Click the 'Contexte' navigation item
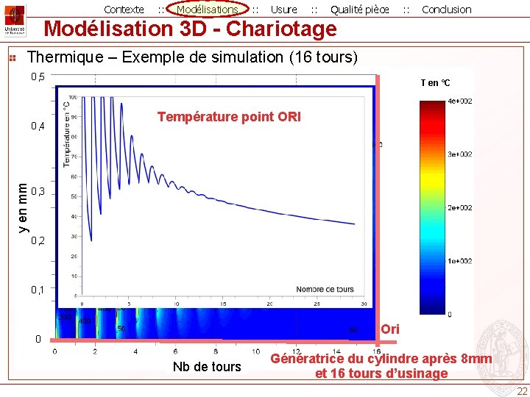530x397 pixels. pyautogui.click(x=124, y=10)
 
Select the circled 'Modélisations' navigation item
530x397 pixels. pyautogui.click(x=208, y=10)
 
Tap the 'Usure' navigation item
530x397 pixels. pyautogui.click(x=283, y=10)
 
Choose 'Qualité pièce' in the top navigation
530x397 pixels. pyautogui.click(x=359, y=10)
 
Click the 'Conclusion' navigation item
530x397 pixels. pyautogui.click(x=446, y=10)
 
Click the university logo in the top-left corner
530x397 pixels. pyautogui.click(x=14, y=20)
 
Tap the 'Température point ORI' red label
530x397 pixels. pyautogui.click(x=229, y=117)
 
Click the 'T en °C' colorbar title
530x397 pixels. pyautogui.click(x=435, y=83)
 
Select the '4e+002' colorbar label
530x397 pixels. pyautogui.click(x=460, y=101)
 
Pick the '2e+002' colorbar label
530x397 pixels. pyautogui.click(x=460, y=208)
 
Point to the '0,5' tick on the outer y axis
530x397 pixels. pyautogui.click(x=37, y=77)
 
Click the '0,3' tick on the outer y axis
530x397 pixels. pyautogui.click(x=37, y=192)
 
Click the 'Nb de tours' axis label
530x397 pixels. pyautogui.click(x=206, y=367)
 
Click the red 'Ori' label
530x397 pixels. pyautogui.click(x=390, y=329)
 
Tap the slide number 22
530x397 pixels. pyautogui.click(x=521, y=391)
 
